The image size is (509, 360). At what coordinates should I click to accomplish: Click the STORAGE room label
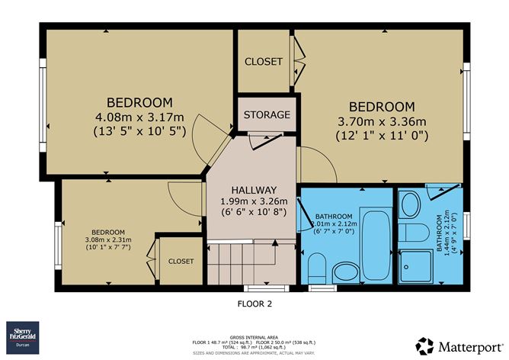coord(266,114)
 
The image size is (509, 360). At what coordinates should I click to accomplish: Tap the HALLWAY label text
coord(254,190)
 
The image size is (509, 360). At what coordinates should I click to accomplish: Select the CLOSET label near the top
coord(263,61)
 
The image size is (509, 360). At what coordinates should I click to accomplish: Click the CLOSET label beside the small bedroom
coord(181,261)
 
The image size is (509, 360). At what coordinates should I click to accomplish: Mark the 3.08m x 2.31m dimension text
coord(108,239)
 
